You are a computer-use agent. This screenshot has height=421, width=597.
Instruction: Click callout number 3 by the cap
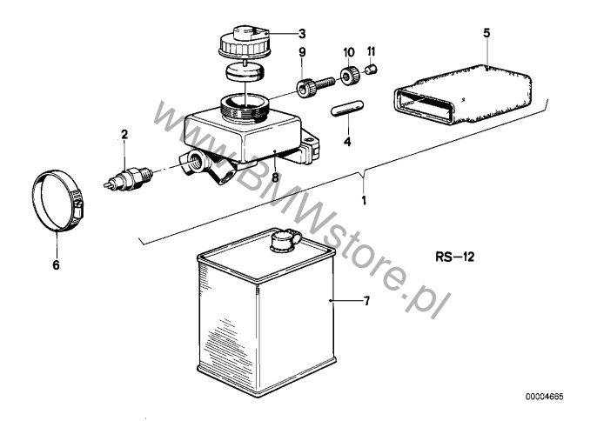point(302,34)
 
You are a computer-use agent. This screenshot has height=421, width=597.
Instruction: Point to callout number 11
point(371,52)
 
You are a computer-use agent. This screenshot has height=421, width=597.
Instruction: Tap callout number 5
point(486,32)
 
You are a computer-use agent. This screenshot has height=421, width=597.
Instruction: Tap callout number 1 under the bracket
point(364,199)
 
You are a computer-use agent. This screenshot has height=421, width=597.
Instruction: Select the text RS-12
point(453,257)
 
